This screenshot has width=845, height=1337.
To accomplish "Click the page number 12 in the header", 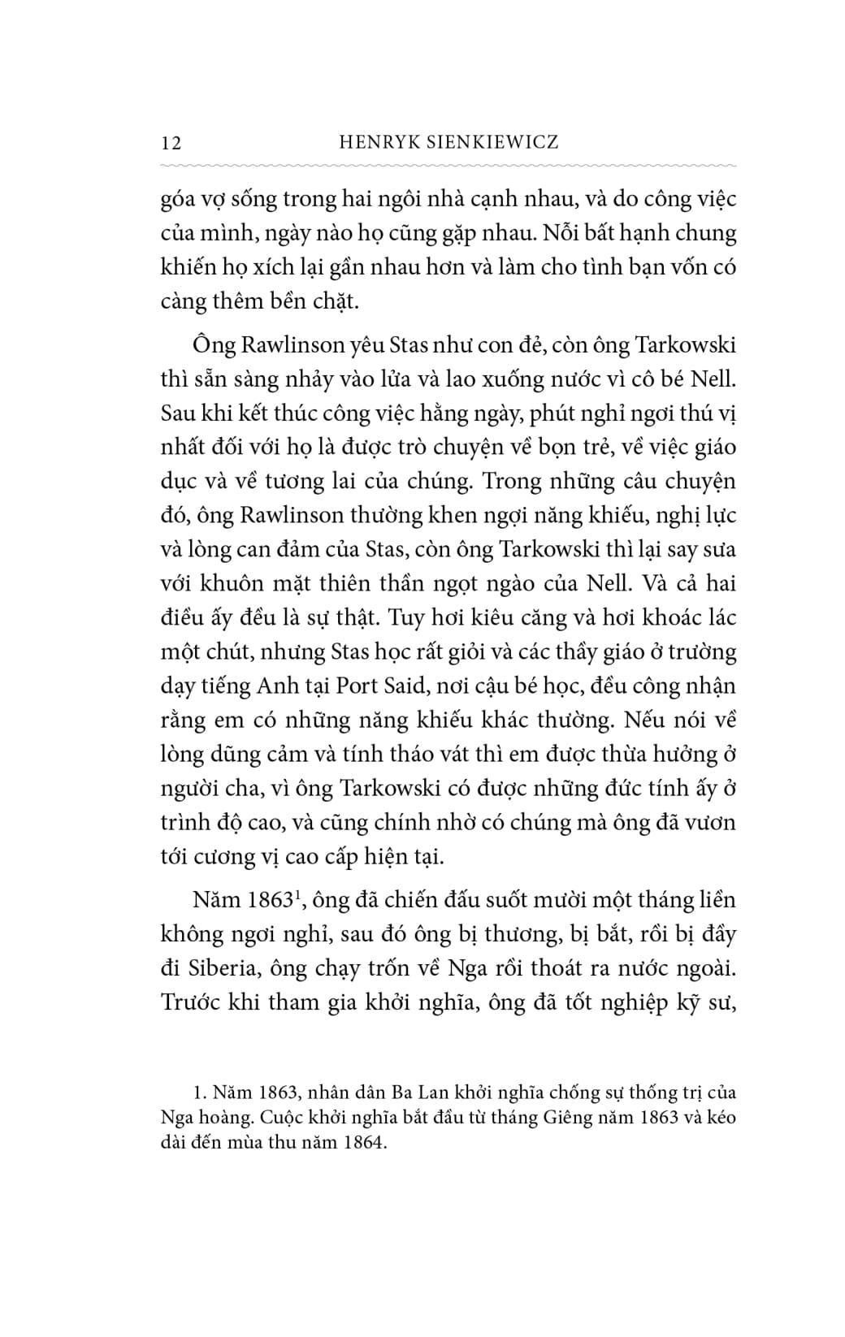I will [x=171, y=143].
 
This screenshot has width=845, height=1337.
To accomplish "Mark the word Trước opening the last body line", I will [x=189, y=1002].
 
